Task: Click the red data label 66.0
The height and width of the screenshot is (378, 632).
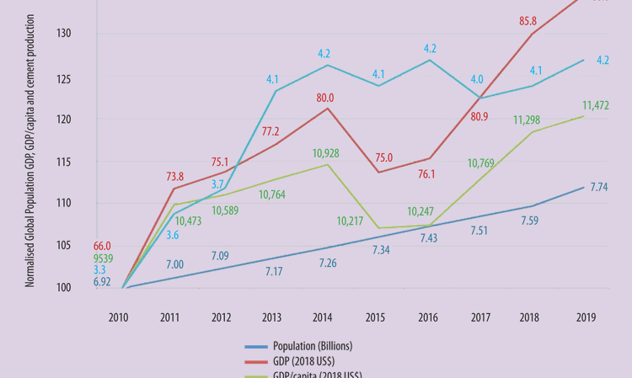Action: pyautogui.click(x=101, y=245)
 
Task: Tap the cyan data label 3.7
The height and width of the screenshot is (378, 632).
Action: pyautogui.click(x=218, y=184)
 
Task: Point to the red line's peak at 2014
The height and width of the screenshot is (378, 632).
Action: pyautogui.click(x=328, y=109)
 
